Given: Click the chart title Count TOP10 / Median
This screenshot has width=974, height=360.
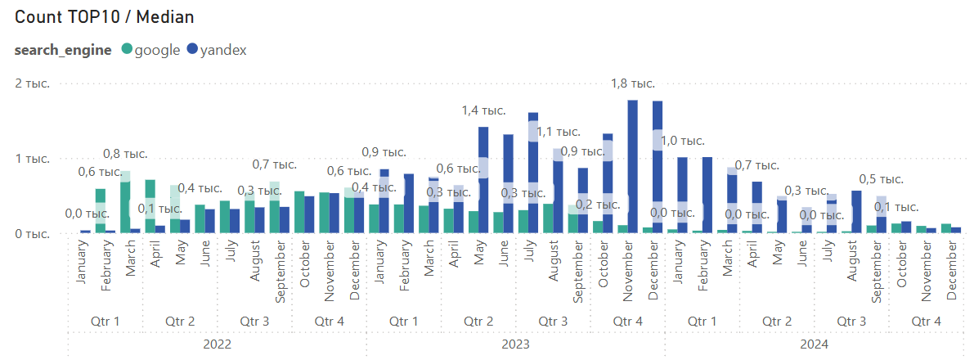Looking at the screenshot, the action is coord(105,17).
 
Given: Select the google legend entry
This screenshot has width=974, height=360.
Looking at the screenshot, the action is coord(151,51).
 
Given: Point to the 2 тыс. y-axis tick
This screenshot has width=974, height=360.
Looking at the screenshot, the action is coord(32,83).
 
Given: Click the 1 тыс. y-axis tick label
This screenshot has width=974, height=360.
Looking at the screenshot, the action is coord(32,159).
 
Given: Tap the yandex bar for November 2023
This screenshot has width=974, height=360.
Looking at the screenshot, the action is coord(633,167).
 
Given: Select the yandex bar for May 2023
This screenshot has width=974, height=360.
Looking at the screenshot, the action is coord(483,180).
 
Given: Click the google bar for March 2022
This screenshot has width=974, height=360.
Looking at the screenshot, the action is coord(125,202).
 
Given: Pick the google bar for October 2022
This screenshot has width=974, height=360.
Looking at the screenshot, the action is coord(299,213).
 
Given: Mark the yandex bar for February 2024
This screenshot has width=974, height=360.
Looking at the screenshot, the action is coord(707,196).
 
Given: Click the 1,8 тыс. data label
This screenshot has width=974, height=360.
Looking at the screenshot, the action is coord(633,83).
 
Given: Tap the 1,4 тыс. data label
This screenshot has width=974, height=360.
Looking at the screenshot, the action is coord(484,110).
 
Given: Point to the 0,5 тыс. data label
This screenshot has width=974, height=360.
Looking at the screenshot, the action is coord(882,180).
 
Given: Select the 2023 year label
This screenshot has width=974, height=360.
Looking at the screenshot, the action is coord(515,344).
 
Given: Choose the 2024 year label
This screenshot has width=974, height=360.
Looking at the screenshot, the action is coord(814,344).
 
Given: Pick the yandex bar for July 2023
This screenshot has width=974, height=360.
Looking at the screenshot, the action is coord(533,173).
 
